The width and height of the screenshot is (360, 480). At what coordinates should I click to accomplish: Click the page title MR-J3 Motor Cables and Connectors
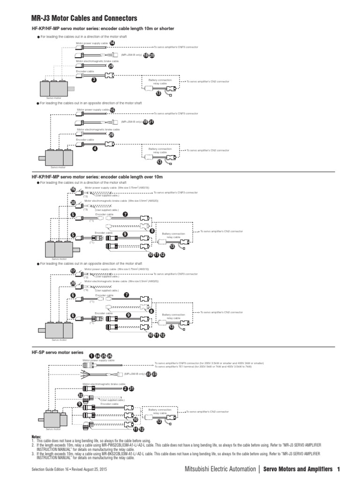(84, 18)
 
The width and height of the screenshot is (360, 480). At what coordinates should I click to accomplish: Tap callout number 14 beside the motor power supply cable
(112, 43)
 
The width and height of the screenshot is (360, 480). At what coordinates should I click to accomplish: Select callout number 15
(112, 110)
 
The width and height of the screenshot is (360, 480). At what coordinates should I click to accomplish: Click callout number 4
(95, 148)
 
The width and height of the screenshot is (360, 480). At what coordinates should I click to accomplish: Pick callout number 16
(73, 189)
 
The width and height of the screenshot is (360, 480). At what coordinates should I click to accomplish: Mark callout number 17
(73, 271)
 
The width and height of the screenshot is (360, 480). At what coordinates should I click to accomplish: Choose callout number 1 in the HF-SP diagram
(91, 356)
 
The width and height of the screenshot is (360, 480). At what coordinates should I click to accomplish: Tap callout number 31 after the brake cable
(132, 389)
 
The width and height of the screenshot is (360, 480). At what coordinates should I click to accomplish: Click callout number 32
(80, 395)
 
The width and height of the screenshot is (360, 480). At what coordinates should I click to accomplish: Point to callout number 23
(154, 374)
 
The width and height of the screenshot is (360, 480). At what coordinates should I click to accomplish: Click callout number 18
(146, 55)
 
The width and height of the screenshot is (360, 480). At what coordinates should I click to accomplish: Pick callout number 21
(151, 121)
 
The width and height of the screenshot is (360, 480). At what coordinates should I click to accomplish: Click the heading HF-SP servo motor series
(57, 352)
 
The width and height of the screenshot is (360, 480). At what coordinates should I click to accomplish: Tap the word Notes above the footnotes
(36, 436)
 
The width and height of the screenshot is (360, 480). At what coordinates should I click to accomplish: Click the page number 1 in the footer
(338, 469)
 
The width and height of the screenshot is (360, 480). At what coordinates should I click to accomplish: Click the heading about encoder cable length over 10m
(97, 177)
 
